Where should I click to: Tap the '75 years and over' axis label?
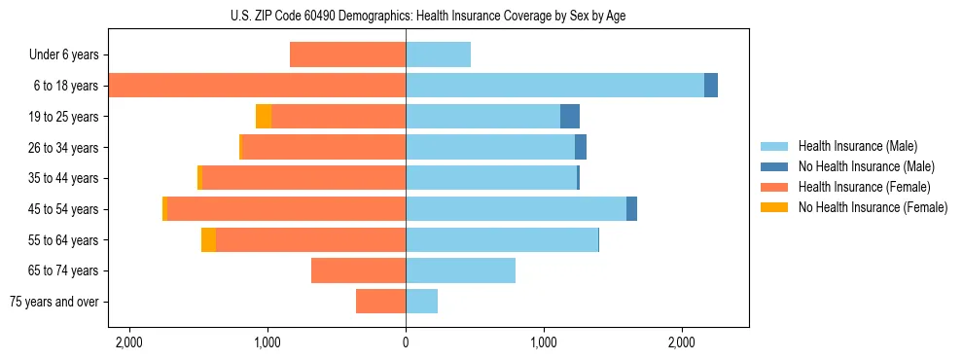54,302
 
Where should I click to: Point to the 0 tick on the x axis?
406,342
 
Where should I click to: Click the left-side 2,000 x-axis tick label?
128,342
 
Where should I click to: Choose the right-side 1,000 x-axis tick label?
544,342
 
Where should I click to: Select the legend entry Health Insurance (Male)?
857,147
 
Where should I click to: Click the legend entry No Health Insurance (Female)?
873,207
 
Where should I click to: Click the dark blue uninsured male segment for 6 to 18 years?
711,86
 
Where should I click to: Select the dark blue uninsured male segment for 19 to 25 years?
570,117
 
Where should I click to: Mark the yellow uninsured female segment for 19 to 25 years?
264,117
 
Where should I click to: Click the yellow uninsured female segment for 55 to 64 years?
208,240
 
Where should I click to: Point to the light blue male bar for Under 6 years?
438,55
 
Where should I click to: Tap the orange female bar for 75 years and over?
380,302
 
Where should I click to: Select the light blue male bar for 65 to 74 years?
460,270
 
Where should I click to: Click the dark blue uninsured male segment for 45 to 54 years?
631,209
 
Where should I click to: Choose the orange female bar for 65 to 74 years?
358,270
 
